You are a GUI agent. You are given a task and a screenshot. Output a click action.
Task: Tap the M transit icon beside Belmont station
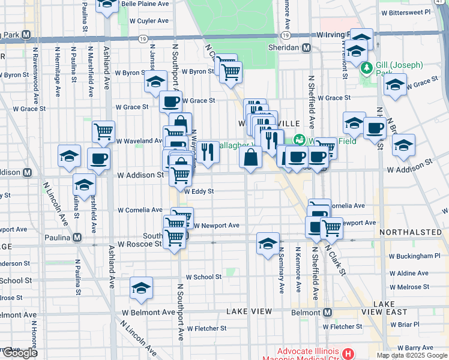pyautogui.click(x=327, y=313)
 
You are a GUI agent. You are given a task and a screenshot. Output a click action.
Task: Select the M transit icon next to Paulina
pyautogui.click(x=77, y=237)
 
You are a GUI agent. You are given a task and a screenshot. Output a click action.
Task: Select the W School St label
pyautogui.click(x=203, y=277)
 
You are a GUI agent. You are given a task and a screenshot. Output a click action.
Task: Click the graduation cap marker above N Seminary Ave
pyautogui.click(x=267, y=242)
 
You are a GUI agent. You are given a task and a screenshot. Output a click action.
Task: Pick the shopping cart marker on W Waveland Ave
pyautogui.click(x=103, y=131)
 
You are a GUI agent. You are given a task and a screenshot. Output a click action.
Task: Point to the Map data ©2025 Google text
pyautogui.click(x=411, y=355)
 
